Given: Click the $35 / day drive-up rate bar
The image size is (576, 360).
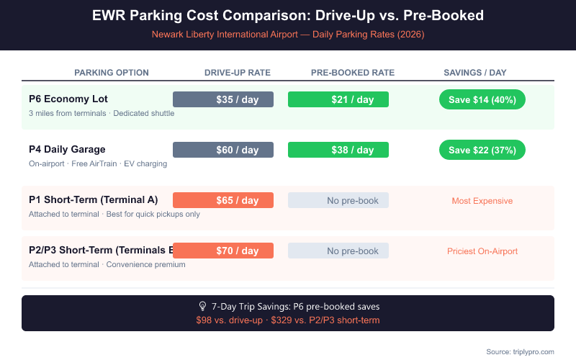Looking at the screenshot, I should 223,99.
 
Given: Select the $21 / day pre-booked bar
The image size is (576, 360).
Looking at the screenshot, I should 338,99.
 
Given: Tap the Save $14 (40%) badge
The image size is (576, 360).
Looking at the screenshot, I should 482,99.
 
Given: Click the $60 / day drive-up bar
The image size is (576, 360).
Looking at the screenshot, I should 223,150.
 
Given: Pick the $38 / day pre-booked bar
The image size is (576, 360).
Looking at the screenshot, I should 338,150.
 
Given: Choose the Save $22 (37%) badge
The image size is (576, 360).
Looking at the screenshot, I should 482,150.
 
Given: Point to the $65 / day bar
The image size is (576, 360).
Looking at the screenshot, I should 223,200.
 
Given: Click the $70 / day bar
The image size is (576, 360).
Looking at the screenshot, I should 223,251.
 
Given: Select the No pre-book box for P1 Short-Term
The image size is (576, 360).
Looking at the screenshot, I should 338,200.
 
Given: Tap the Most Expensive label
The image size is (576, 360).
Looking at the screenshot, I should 482,201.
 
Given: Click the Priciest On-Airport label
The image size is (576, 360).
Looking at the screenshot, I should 482,251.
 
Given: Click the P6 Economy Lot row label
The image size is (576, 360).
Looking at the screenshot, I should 68,99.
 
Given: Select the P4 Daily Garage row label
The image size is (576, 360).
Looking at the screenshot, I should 67,149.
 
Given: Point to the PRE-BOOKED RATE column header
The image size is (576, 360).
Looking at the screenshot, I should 353,73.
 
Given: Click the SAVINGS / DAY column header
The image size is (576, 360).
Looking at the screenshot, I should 475,73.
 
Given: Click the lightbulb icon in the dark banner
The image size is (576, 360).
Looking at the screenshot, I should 202,306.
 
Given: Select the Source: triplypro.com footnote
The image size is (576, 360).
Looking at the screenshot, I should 520,351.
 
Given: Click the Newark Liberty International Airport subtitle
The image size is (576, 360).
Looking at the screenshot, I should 288,34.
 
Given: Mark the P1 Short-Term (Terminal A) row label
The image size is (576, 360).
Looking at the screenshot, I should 93,199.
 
